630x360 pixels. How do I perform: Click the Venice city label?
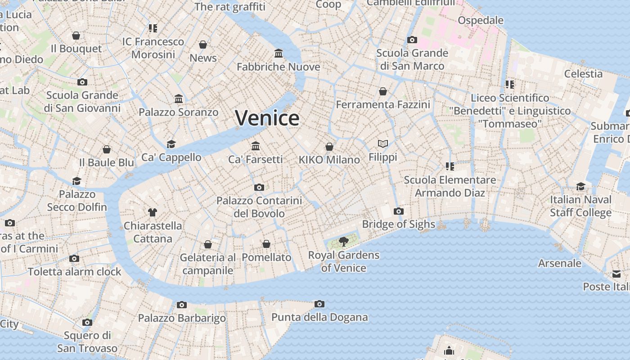[267, 118]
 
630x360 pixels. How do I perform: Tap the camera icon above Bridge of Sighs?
[398, 211]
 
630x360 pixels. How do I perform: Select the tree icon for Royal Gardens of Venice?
[344, 242]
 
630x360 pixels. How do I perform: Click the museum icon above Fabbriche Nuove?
[279, 54]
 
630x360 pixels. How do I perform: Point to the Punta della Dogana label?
[319, 317]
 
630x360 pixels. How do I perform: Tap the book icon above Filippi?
[383, 144]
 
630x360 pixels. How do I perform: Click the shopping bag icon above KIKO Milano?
[329, 147]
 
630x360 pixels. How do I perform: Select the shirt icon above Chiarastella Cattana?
[153, 212]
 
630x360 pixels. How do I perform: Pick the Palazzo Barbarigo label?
[182, 318]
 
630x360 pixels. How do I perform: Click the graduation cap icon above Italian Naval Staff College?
[581, 186]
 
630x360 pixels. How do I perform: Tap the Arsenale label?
[560, 263]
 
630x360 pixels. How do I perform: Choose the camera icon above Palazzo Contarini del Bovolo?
[259, 187]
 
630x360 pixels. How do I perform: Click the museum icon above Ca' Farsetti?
[256, 146]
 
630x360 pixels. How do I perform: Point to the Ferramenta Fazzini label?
[383, 105]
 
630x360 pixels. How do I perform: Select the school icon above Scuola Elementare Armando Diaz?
[450, 166]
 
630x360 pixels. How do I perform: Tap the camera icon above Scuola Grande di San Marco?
[412, 40]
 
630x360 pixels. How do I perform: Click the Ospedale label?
[481, 20]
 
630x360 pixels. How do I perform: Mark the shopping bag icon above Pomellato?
[266, 244]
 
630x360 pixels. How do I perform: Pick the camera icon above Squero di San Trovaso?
[87, 322]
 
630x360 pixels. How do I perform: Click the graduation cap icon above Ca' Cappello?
[171, 144]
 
